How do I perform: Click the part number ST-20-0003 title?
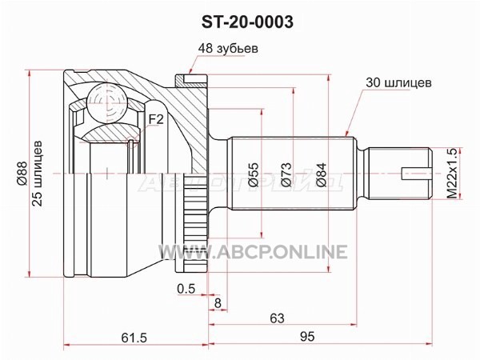pos(247,22)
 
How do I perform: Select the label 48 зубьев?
pos(228,48)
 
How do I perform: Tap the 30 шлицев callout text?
pos(398,82)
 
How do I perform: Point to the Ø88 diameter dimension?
pos(22,173)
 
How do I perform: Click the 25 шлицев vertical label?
pos(37,174)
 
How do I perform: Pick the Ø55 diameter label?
pos(254,174)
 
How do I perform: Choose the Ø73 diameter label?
pos(286,174)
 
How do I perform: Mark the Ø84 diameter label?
pos(321,174)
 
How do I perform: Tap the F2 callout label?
pos(156,119)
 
